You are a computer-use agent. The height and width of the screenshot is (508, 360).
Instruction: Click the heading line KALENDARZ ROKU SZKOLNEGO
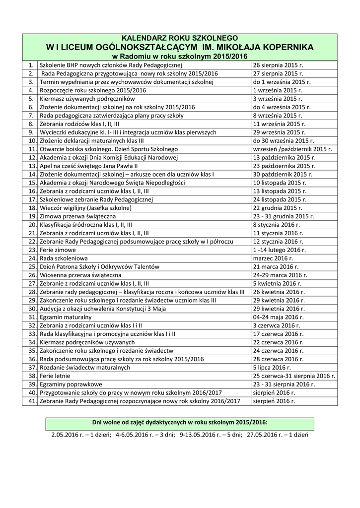(x=180, y=38)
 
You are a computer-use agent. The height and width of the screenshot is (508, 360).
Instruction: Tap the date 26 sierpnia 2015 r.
(x=278, y=65)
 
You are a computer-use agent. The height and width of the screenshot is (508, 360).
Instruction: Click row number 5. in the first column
(x=31, y=99)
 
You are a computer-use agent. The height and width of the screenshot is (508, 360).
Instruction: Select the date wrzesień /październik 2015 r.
(x=292, y=149)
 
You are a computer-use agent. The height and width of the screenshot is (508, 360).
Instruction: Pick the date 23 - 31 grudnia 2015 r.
(x=284, y=216)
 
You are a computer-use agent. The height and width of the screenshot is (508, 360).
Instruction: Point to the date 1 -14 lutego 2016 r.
(x=280, y=249)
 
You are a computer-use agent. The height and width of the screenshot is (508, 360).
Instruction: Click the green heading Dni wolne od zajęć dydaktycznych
(x=180, y=422)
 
